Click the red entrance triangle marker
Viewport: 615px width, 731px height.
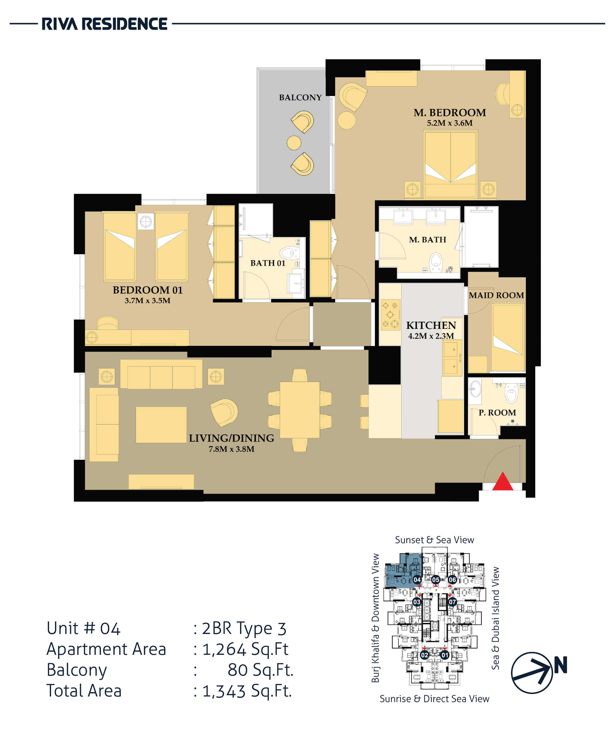[502, 482]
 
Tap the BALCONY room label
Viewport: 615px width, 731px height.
[300, 97]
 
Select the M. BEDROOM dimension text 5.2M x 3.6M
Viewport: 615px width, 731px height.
[450, 123]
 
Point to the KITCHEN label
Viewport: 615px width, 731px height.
[431, 325]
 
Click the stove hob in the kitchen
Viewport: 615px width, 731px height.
[390, 315]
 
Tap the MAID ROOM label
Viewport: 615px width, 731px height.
[496, 295]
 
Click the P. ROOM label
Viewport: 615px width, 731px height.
[497, 413]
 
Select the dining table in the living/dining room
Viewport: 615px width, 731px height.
[300, 410]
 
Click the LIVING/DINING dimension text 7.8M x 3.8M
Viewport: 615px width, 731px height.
[232, 449]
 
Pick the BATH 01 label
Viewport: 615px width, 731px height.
[268, 263]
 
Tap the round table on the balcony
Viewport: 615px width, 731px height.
[294, 143]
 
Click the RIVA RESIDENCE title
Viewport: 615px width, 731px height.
[105, 24]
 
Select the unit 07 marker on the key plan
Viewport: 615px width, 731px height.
[452, 602]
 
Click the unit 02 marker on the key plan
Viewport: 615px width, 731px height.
[424, 655]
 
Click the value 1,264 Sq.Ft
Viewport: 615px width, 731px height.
[246, 650]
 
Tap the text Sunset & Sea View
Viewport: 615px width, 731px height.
[435, 540]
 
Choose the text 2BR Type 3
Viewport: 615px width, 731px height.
[244, 629]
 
